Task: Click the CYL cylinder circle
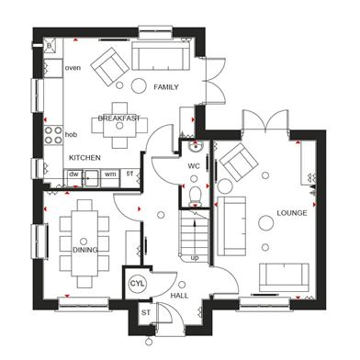coord(137,284)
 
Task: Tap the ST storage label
coord(146,313)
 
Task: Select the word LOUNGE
coord(292,213)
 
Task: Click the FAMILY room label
coord(166,87)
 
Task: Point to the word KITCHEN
coord(84,158)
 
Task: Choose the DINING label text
coord(85,250)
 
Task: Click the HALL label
coord(179,296)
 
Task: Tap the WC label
coord(194,166)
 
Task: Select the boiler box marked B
coord(50,46)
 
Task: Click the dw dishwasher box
coord(73,177)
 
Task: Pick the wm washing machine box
coord(110,177)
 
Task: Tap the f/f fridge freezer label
coord(130,174)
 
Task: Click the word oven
coord(73,68)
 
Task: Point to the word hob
coord(71,134)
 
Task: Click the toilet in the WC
coord(195,197)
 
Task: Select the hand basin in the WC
coord(195,147)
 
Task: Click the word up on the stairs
coord(195,258)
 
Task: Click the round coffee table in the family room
coord(139,85)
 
